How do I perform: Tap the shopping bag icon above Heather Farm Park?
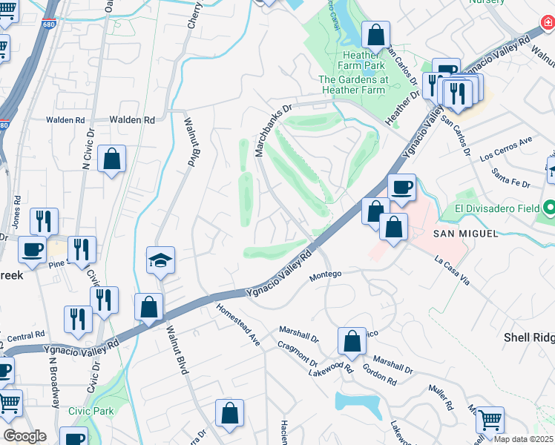[376, 35]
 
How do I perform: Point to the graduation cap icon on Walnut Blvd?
[160, 260]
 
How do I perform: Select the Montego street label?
[325, 274]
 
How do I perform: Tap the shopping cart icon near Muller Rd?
[490, 420]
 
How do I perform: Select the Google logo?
[24, 436]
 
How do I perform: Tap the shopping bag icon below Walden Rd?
[111, 159]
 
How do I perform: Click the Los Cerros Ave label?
[507, 148]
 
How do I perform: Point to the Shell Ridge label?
[529, 337]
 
